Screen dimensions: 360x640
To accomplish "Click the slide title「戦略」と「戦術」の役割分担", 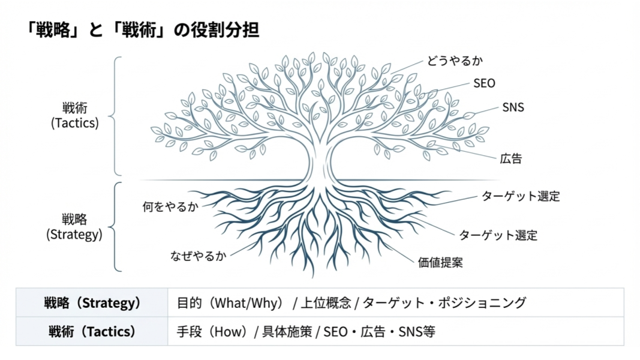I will (x=143, y=29).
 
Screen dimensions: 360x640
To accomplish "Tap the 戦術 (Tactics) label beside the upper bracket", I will (x=74, y=115).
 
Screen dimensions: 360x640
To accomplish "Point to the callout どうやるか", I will (x=455, y=61).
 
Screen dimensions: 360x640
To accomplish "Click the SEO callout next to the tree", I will (x=484, y=83).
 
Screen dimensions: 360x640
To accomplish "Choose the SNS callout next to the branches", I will (x=513, y=107).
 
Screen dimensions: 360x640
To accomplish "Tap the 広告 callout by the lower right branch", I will (x=511, y=159).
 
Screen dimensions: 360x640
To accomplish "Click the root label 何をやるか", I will (x=170, y=207).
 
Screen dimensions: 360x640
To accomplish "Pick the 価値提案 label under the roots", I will (x=440, y=262).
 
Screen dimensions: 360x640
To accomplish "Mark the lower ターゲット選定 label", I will (x=498, y=235).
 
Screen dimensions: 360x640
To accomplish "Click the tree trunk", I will (x=319, y=162).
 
